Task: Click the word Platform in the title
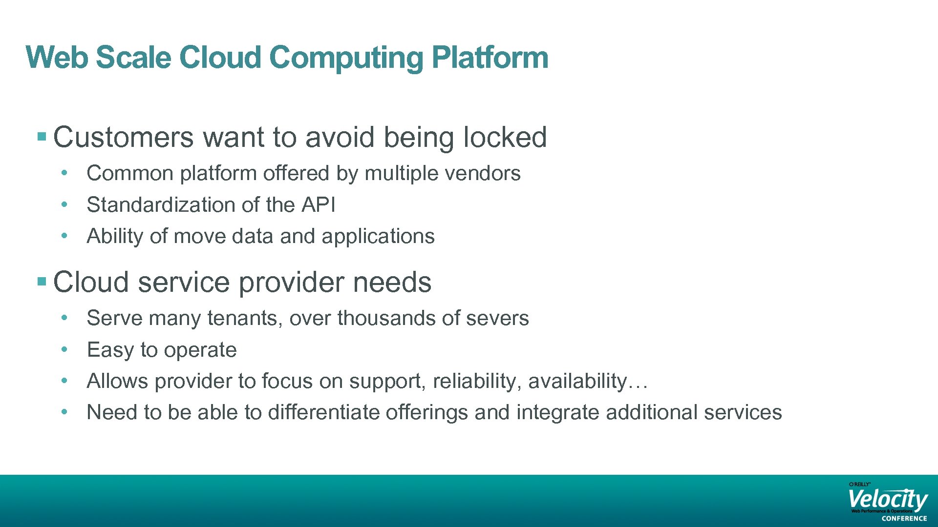tap(490, 58)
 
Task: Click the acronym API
tap(318, 204)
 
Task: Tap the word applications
tap(378, 237)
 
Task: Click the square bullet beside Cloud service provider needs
tap(42, 281)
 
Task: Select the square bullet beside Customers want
tap(42, 136)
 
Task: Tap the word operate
tap(200, 350)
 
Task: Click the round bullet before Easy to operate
tap(64, 349)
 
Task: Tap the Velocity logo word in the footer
tap(887, 499)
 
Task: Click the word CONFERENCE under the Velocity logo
tap(904, 519)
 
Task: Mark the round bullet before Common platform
tap(64, 173)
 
